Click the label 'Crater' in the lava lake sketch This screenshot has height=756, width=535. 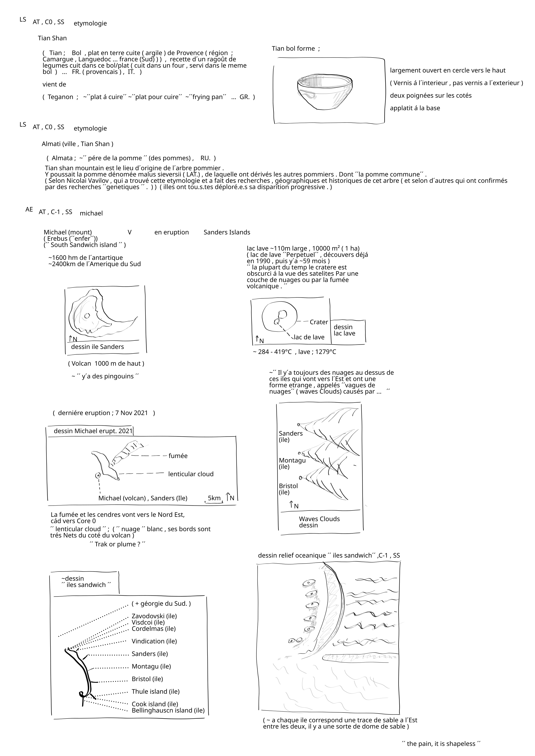[x=319, y=322]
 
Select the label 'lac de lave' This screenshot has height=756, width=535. [x=309, y=337]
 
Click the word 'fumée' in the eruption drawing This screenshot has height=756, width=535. [x=178, y=456]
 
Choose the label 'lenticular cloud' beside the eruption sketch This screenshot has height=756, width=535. [x=191, y=474]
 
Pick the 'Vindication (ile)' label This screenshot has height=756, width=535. [x=154, y=641]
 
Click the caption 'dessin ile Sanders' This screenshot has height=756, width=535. [x=98, y=347]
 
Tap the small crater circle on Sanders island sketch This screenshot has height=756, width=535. [x=87, y=316]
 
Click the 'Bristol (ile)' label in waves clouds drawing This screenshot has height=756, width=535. [x=288, y=489]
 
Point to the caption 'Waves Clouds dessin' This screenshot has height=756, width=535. [x=319, y=522]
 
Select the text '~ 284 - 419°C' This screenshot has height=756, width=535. [x=272, y=352]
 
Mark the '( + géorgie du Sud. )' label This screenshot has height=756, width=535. [x=161, y=604]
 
